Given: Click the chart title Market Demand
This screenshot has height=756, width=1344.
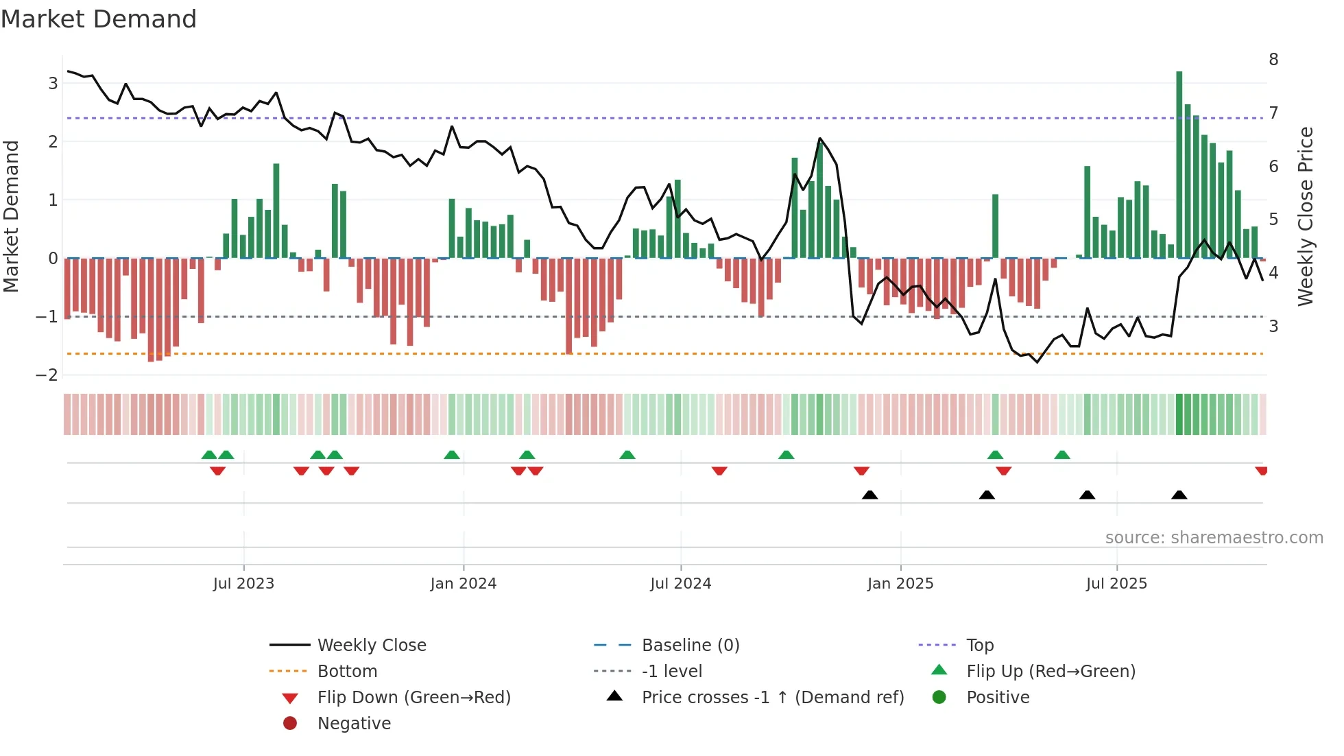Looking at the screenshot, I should click(x=99, y=19).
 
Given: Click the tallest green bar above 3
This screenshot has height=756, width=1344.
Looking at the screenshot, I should click(x=1179, y=165).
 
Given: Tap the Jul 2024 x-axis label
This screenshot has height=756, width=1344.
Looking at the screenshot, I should click(x=680, y=584).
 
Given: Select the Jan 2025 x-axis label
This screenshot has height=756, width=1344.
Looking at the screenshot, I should click(x=900, y=584).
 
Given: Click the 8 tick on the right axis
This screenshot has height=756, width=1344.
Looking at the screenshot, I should click(x=1273, y=60).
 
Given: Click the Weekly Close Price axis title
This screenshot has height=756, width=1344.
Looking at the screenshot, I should click(x=1306, y=216).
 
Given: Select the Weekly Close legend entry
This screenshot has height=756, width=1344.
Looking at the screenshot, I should click(x=371, y=646).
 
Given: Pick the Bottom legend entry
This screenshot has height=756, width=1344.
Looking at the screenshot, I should click(x=347, y=672).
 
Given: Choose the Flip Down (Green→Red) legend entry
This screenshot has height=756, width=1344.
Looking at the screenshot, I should click(x=413, y=698).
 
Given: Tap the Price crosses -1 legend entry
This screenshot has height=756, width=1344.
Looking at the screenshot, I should click(x=772, y=698).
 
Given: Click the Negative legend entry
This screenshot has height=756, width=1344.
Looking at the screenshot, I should click(x=354, y=724).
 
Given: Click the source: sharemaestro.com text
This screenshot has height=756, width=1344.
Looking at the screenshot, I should click(x=1214, y=538).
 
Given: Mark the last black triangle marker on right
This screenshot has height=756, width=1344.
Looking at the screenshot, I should click(x=1179, y=495).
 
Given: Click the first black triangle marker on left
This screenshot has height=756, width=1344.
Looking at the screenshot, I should click(x=869, y=495).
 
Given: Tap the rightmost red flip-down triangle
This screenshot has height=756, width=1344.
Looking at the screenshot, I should click(x=1261, y=471).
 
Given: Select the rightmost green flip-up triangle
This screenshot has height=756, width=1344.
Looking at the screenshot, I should click(x=1061, y=455).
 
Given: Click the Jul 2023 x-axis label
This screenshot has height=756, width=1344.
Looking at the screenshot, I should click(x=243, y=584).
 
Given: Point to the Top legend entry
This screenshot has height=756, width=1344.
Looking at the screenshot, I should click(x=979, y=646).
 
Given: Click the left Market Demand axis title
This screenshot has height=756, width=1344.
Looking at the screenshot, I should click(x=11, y=216).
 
